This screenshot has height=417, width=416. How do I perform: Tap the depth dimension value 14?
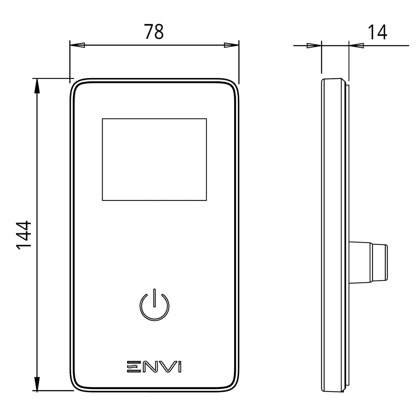pos(377,32)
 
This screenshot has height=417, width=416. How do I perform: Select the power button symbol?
pos(154,305)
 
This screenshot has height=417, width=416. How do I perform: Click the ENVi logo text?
pos(154,366)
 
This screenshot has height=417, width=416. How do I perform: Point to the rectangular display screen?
pos(154,159)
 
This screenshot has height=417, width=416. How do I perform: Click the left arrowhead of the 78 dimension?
pos(77,45)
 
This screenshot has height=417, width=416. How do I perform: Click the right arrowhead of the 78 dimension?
pos(231,45)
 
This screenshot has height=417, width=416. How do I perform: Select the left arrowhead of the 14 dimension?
pos(314,45)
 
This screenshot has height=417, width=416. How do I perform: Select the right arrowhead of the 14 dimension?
pos(356,45)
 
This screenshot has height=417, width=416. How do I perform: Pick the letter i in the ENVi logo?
pos(180,366)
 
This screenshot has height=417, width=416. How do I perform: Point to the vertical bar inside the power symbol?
pos(154,298)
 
